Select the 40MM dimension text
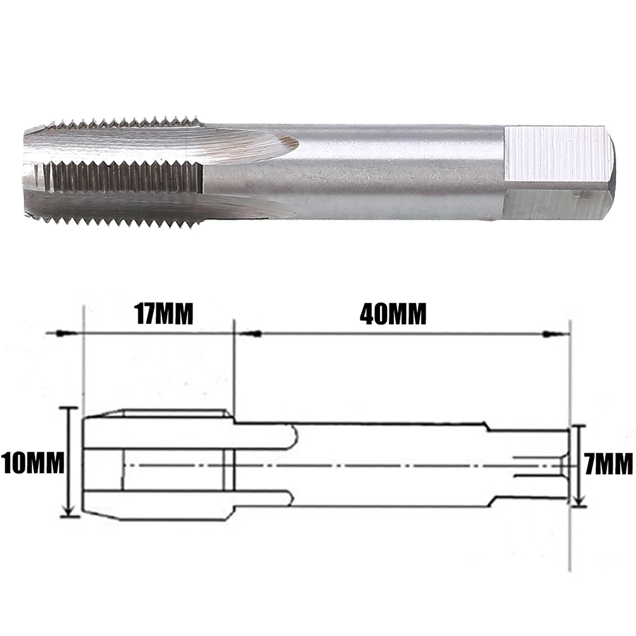tap(393, 314)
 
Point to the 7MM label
tap(609, 464)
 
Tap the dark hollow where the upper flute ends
tap(291, 145)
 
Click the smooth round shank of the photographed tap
tap(394, 168)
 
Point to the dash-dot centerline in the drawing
tap(381, 465)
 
